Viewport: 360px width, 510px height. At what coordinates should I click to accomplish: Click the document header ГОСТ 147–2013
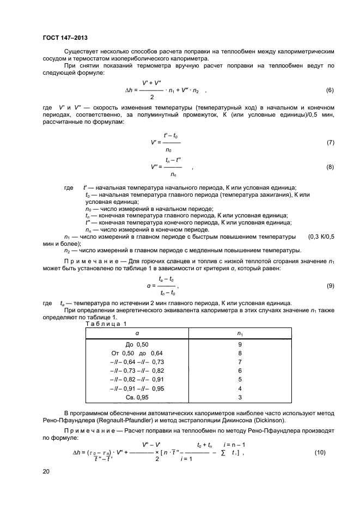click(65, 38)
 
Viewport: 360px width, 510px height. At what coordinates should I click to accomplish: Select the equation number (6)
click(330, 90)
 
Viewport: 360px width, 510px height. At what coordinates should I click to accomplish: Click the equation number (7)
click(330, 142)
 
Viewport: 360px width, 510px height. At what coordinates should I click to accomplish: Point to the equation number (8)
click(330, 167)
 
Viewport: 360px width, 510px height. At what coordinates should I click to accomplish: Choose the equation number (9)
click(330, 286)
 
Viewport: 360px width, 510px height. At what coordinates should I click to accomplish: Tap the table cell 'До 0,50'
click(137, 344)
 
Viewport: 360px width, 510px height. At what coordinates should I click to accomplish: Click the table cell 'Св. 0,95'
click(137, 398)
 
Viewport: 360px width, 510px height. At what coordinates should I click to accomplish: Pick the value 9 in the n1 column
click(240, 344)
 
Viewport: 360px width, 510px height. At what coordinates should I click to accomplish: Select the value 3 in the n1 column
click(240, 398)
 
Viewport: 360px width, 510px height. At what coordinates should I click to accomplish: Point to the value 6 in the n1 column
click(240, 371)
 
